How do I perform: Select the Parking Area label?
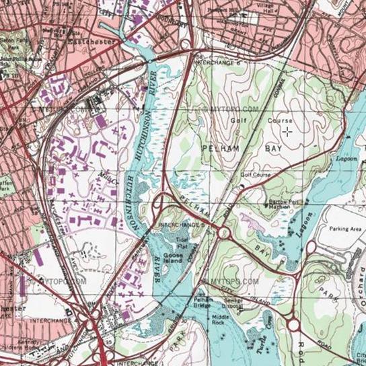[346, 229]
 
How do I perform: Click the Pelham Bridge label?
[203, 304]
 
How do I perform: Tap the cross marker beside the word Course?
[287, 132]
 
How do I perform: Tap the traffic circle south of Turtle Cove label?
[293, 325]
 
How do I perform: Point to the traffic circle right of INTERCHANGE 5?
[224, 233]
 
